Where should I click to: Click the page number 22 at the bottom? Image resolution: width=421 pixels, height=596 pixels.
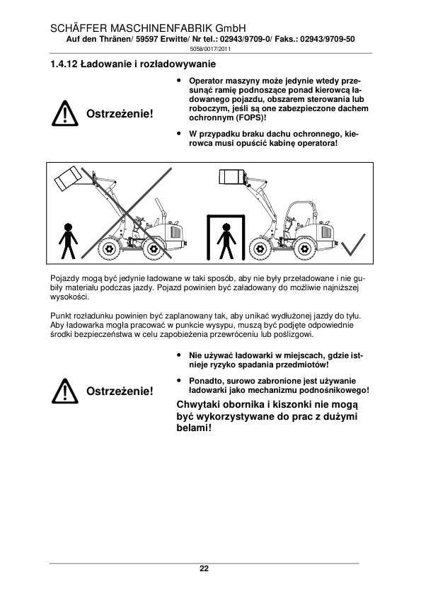[x=204, y=568]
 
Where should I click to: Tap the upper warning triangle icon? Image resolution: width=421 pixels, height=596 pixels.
[x=65, y=114]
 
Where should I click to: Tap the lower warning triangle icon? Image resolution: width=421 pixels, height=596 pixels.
[x=65, y=391]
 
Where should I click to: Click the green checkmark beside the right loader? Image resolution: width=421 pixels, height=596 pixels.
[x=353, y=244]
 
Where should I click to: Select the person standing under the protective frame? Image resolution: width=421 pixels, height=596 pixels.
[x=226, y=241]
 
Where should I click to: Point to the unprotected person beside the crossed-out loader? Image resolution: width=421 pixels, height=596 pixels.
[x=68, y=241]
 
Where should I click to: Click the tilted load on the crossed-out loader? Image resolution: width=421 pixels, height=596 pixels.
[x=68, y=178]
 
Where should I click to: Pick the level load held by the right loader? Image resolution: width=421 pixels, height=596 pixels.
[x=231, y=176]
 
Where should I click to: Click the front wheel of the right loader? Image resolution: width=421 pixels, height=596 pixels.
[x=260, y=249]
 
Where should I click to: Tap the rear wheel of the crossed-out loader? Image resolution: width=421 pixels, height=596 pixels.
[x=154, y=249]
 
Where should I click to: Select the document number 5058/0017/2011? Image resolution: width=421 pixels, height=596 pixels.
[x=210, y=49]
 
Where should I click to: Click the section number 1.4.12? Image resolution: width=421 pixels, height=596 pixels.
[x=64, y=64]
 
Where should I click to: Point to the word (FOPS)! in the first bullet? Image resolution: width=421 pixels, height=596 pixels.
[x=250, y=118]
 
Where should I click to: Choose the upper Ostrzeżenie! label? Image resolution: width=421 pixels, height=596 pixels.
[x=120, y=114]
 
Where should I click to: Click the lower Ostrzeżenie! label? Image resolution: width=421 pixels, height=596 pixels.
[x=120, y=391]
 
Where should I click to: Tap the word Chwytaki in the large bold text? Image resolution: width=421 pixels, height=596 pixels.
[x=198, y=405]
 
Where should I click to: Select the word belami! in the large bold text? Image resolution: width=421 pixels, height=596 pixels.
[x=194, y=428]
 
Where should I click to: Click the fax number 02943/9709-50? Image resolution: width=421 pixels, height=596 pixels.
[x=328, y=39]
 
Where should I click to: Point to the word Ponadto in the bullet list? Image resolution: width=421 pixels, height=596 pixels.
[x=204, y=381]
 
